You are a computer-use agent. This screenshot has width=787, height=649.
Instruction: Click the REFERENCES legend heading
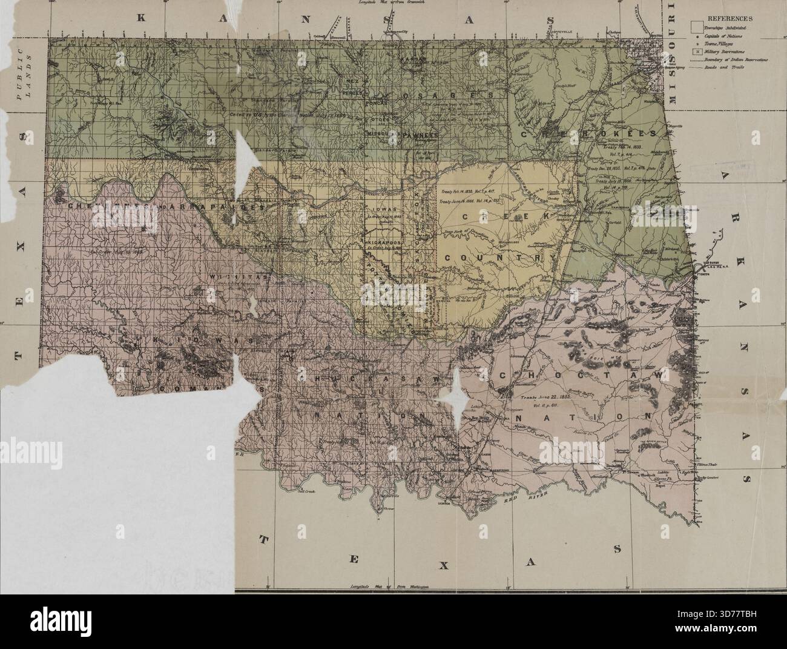(729, 18)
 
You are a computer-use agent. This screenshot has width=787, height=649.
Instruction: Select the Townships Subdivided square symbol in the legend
(697, 28)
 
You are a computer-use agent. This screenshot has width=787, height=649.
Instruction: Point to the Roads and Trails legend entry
(729, 68)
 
